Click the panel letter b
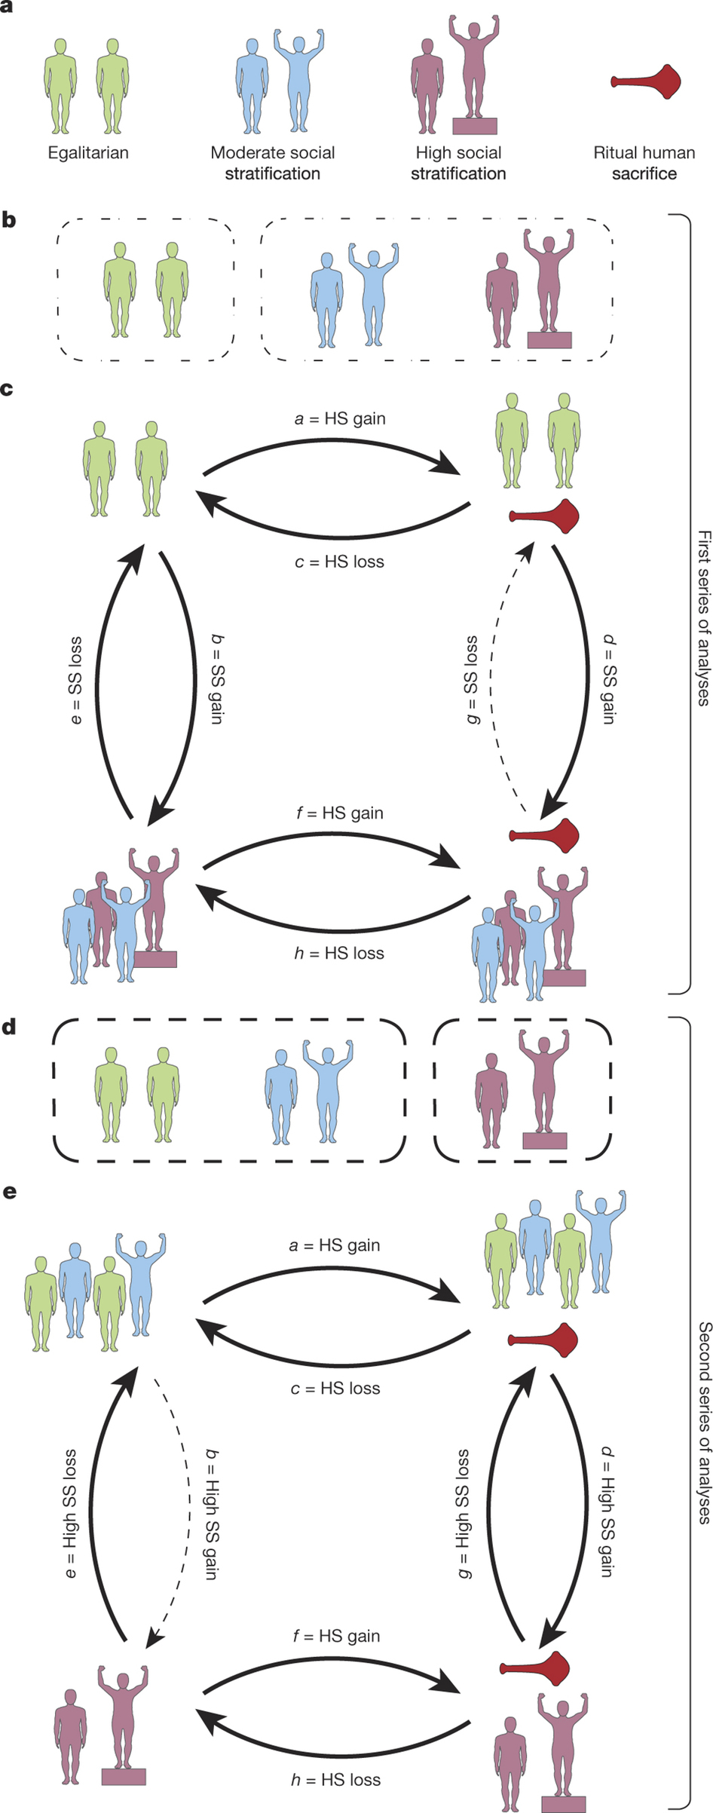pyautogui.click(x=8, y=221)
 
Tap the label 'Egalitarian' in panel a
pyautogui.click(x=88, y=153)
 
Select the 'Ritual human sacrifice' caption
pyautogui.click(x=644, y=163)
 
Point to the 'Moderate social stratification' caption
pyautogui.click(x=272, y=163)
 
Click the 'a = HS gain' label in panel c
pyautogui.click(x=339, y=418)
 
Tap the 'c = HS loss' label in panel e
pyautogui.click(x=335, y=1388)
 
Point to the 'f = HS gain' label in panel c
pyautogui.click(x=339, y=813)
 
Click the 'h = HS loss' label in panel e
pyautogui.click(x=335, y=1780)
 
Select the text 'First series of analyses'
pyautogui.click(x=703, y=617)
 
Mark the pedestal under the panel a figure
pyautogui.click(x=474, y=126)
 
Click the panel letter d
pyautogui.click(x=8, y=1027)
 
